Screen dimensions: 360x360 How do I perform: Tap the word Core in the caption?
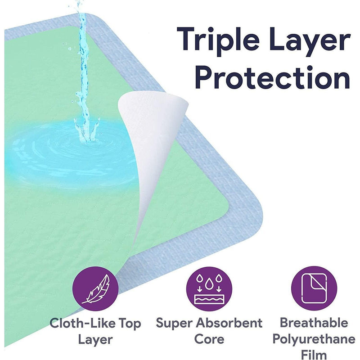click(209, 338)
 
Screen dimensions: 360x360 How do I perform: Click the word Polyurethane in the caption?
click(314, 338)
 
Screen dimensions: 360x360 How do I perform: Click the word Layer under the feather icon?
click(95, 338)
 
